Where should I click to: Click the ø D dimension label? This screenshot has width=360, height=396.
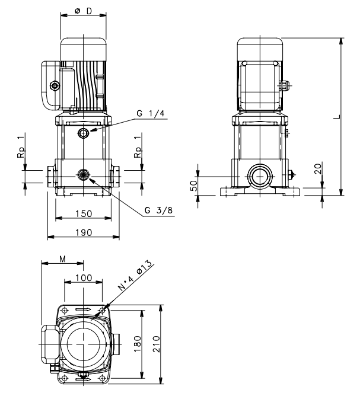click(x=84, y=11)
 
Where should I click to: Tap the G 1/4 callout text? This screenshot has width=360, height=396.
click(x=151, y=113)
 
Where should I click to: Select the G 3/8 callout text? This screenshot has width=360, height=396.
click(x=159, y=210)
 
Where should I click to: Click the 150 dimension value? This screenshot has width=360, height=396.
click(x=84, y=214)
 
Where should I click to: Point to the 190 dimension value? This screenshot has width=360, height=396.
click(x=84, y=232)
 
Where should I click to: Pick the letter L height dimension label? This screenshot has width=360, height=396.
click(x=337, y=117)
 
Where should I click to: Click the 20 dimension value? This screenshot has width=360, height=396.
click(x=318, y=169)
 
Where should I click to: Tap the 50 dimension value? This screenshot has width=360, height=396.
click(x=193, y=186)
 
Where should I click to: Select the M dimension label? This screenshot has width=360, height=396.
click(x=63, y=259)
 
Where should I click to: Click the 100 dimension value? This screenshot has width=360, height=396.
click(x=84, y=278)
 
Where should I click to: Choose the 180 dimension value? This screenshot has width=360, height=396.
click(x=137, y=344)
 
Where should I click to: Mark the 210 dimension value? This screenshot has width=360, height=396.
click(x=157, y=344)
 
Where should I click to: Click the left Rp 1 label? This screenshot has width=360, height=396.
click(x=21, y=146)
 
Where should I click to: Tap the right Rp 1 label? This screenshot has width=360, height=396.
click(x=138, y=146)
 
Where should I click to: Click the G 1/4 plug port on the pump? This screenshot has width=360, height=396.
click(x=83, y=133)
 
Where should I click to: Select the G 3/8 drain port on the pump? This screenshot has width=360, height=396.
click(x=83, y=174)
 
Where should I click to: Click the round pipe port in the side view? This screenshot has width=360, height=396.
click(x=260, y=176)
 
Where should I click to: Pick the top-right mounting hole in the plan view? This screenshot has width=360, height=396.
click(x=103, y=310)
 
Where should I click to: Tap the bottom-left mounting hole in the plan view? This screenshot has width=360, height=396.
click(x=65, y=378)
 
